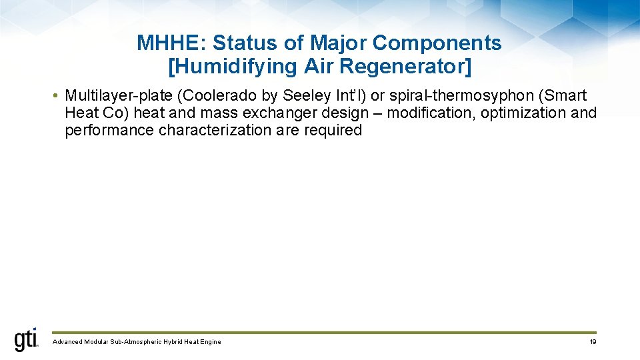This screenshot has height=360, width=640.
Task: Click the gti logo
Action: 27,340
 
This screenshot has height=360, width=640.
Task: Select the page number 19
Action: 593,342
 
